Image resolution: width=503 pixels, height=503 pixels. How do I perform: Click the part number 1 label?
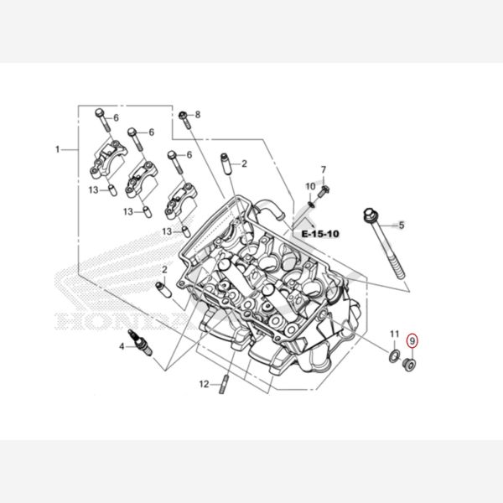point(58,150)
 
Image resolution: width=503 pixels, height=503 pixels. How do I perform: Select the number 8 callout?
point(198,114)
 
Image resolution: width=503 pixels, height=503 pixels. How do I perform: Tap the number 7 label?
point(324,170)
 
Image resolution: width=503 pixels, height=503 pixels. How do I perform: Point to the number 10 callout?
point(310,186)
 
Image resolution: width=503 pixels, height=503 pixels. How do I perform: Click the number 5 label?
point(402,225)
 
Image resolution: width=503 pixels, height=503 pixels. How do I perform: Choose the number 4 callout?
point(122,345)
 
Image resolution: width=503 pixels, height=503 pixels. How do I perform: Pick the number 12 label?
point(203,384)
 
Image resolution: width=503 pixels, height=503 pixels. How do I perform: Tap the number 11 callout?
point(394,335)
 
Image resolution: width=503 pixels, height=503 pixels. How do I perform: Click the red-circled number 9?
point(412,341)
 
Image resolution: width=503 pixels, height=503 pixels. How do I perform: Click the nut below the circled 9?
point(410,365)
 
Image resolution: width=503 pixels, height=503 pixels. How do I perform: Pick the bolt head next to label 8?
point(183,115)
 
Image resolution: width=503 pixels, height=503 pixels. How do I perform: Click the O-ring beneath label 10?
point(313,200)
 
